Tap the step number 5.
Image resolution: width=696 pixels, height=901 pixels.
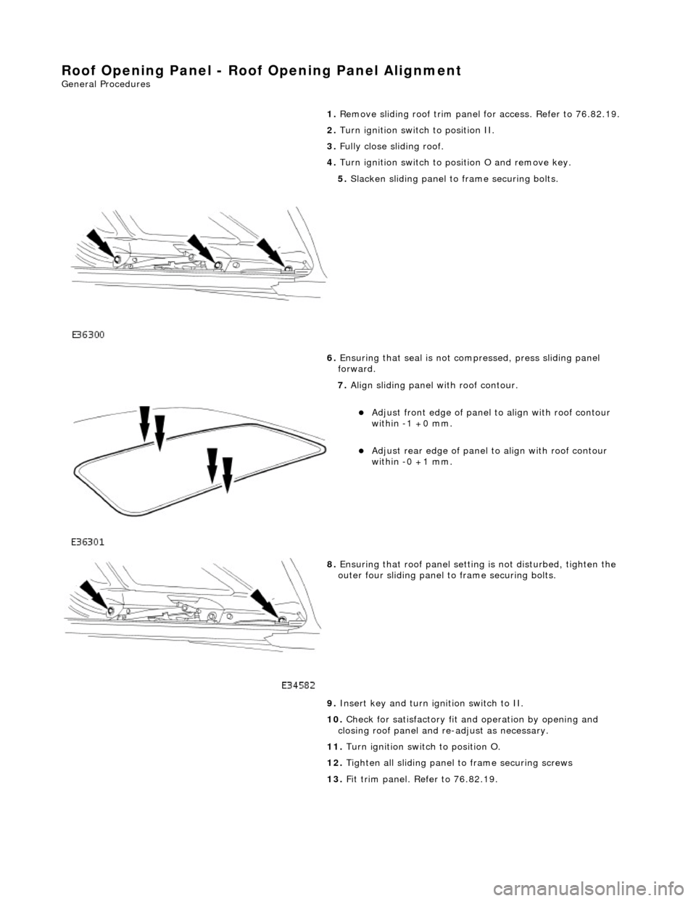click(x=341, y=178)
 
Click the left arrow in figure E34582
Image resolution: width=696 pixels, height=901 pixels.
click(x=95, y=594)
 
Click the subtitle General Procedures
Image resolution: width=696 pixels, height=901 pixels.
click(x=106, y=84)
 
